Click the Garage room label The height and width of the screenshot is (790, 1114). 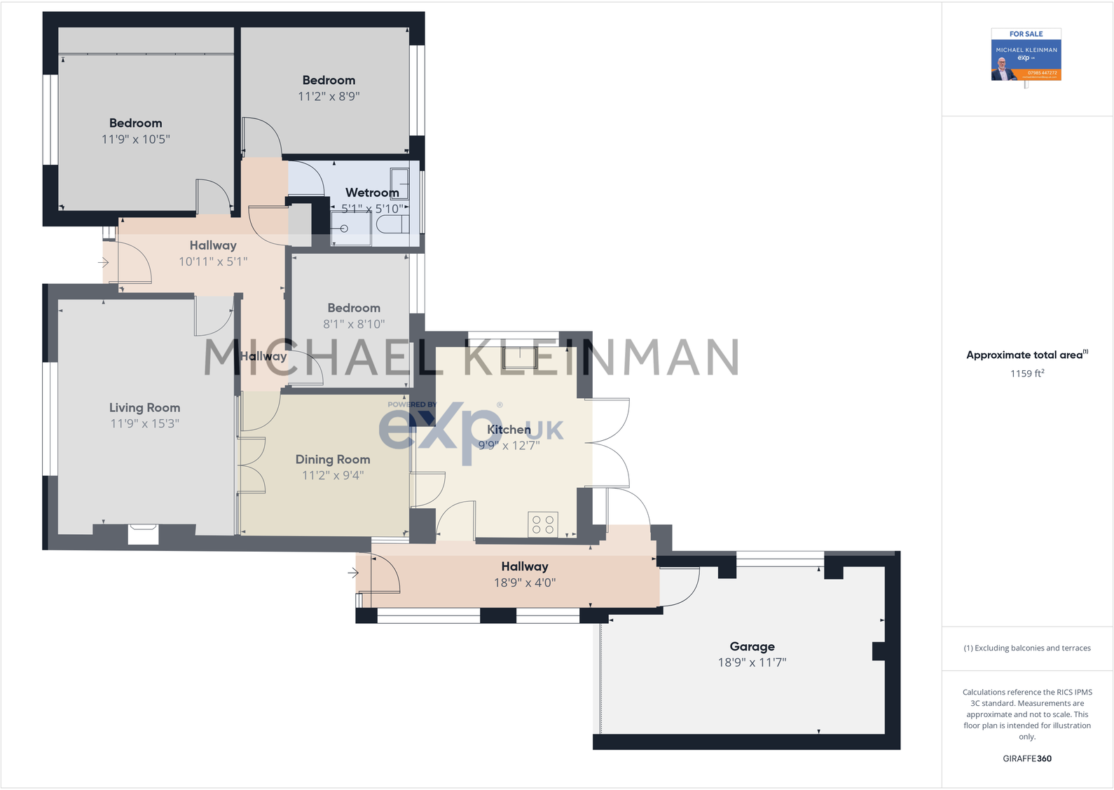coord(752,646)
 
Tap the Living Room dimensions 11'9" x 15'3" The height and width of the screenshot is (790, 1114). coord(144,423)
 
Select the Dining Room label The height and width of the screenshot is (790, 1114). coord(333,459)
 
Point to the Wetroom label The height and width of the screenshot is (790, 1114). coord(372,192)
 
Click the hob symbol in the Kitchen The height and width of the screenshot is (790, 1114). coord(542,524)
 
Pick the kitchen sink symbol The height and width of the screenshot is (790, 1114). coord(519,357)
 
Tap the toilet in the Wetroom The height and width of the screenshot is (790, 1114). coord(393,224)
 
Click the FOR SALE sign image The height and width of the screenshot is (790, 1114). coord(1026,55)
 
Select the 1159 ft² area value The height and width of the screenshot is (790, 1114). coord(1026,374)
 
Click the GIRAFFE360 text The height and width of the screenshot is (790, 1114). coord(1026,758)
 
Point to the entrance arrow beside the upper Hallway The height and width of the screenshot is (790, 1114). coord(103,263)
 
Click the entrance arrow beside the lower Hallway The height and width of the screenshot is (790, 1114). coord(353,573)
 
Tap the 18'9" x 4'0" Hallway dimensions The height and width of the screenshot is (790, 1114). coord(525,583)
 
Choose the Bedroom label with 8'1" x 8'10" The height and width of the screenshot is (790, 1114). coord(354,308)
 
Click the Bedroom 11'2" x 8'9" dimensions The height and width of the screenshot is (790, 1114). coord(329,97)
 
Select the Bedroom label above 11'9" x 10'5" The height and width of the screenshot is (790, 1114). coord(135,123)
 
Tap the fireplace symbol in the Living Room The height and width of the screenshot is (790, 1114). coord(143,534)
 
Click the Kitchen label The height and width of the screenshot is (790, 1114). coord(509,429)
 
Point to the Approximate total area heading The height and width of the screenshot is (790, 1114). coord(1026,355)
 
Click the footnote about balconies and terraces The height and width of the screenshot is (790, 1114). coord(1026,648)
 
